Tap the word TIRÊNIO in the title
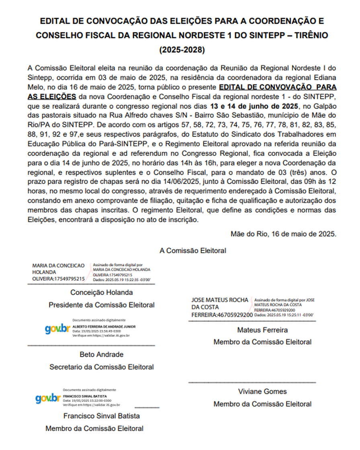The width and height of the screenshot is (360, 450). (306, 35)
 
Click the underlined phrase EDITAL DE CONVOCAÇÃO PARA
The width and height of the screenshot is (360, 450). (278, 87)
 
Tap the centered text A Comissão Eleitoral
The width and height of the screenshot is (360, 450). (193, 251)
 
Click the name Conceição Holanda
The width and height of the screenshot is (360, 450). (102, 292)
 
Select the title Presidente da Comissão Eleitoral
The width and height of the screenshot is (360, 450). (102, 305)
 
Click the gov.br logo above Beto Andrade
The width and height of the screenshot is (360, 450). (57, 329)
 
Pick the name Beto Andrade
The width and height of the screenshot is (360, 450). (102, 355)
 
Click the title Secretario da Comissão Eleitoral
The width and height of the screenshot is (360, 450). (102, 367)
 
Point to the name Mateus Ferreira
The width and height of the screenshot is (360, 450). (262, 330)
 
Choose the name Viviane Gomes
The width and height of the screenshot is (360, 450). (262, 392)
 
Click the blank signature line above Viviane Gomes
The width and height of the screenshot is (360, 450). (252, 382)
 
